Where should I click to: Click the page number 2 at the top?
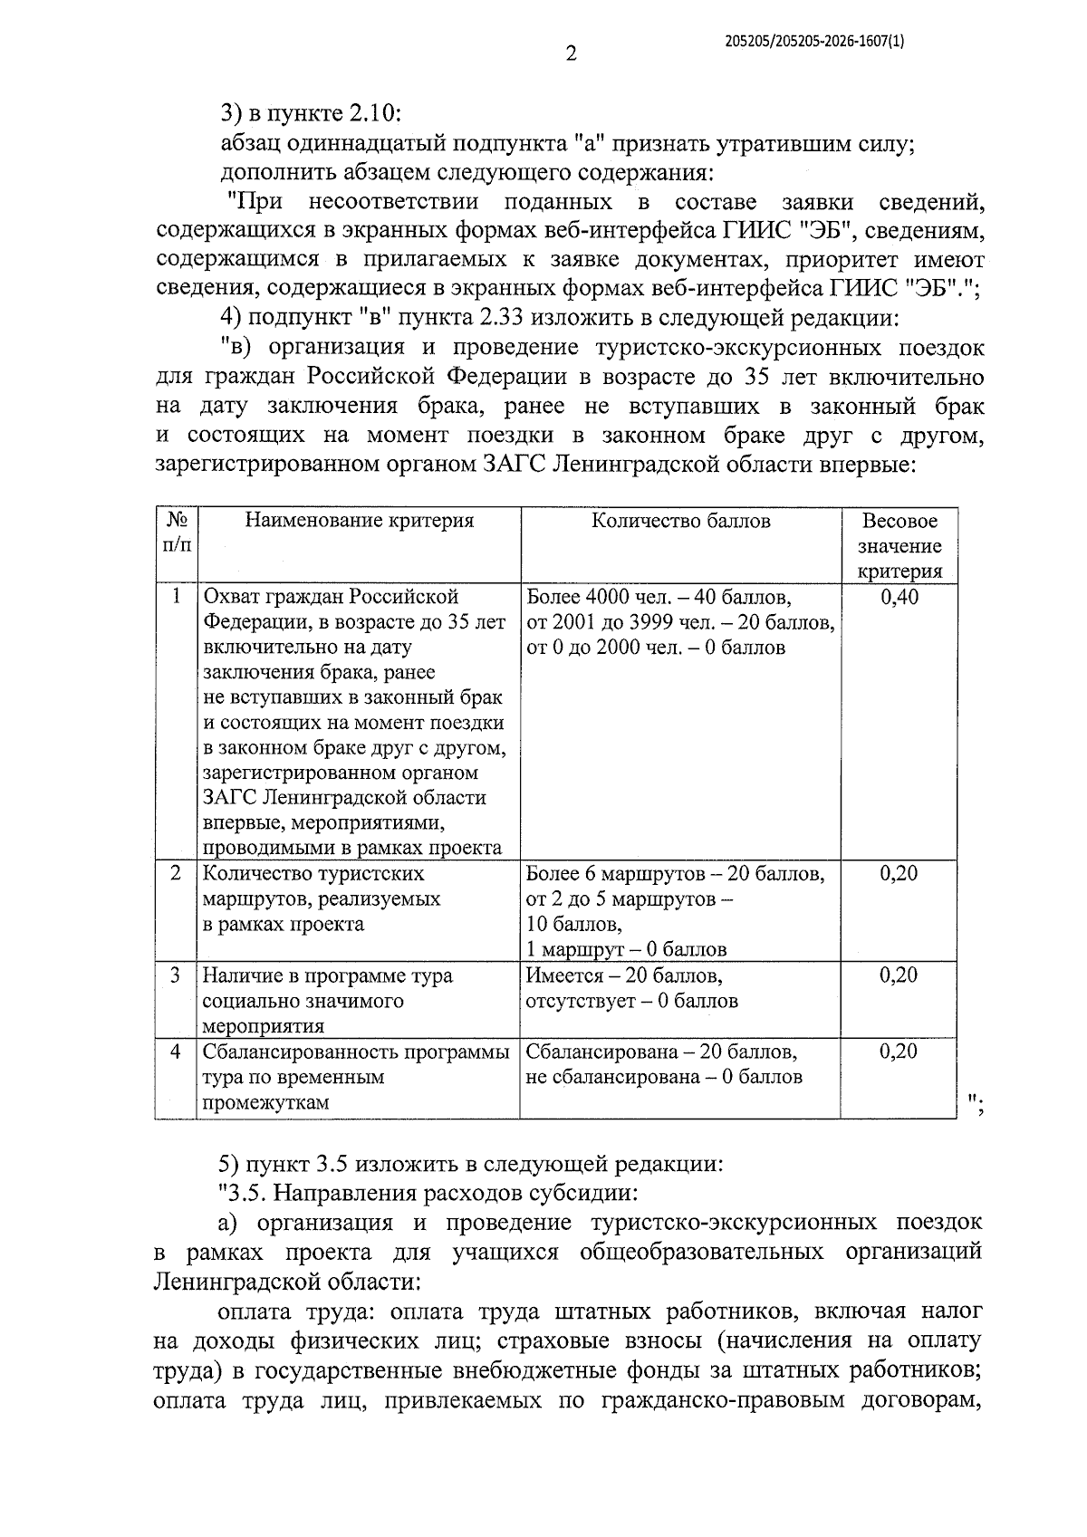(571, 54)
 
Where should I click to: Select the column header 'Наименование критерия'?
(360, 521)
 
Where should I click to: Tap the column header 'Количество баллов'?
(681, 521)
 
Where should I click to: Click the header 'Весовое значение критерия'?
(899, 546)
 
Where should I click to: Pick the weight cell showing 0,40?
(899, 598)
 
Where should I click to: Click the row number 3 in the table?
(177, 975)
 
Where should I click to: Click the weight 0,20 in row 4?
(899, 1052)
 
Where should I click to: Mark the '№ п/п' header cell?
(177, 533)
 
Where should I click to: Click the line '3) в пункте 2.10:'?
(311, 115)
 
